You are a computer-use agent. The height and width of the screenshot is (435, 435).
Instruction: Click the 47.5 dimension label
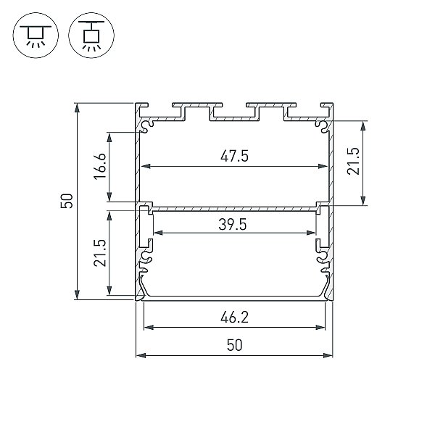[x=234, y=156]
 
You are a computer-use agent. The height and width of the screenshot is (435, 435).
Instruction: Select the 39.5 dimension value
[x=233, y=225]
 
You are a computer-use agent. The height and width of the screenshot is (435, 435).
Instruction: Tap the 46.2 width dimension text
[x=234, y=317]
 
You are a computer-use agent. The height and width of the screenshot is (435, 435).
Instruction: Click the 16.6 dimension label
[x=100, y=167]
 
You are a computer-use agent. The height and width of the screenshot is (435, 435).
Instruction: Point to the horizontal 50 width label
[x=235, y=345]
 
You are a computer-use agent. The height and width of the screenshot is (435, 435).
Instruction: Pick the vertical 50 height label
[x=67, y=201]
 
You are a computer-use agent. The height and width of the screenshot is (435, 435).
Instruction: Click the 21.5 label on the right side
[x=353, y=161]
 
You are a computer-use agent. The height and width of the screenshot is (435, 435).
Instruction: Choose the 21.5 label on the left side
[x=100, y=253]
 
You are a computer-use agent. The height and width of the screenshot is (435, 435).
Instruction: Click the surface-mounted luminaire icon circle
[x=36, y=36]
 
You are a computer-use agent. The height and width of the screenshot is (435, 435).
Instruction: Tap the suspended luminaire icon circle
[x=91, y=36]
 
